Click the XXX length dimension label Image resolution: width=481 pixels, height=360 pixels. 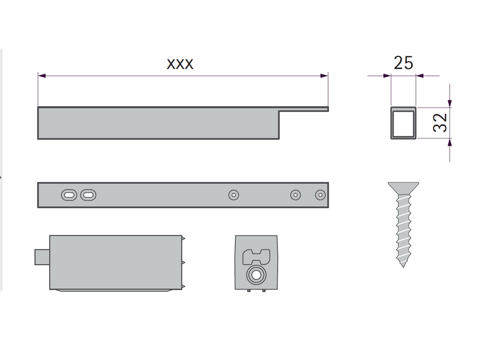point(180,64)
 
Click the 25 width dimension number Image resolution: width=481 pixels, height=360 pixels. point(404,63)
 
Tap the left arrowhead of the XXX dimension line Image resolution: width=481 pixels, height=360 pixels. point(42,75)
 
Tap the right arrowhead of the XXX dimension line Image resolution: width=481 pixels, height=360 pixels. point(324,75)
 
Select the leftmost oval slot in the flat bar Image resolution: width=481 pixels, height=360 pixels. point(69,195)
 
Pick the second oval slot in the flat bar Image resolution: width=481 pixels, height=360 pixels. point(88,195)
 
